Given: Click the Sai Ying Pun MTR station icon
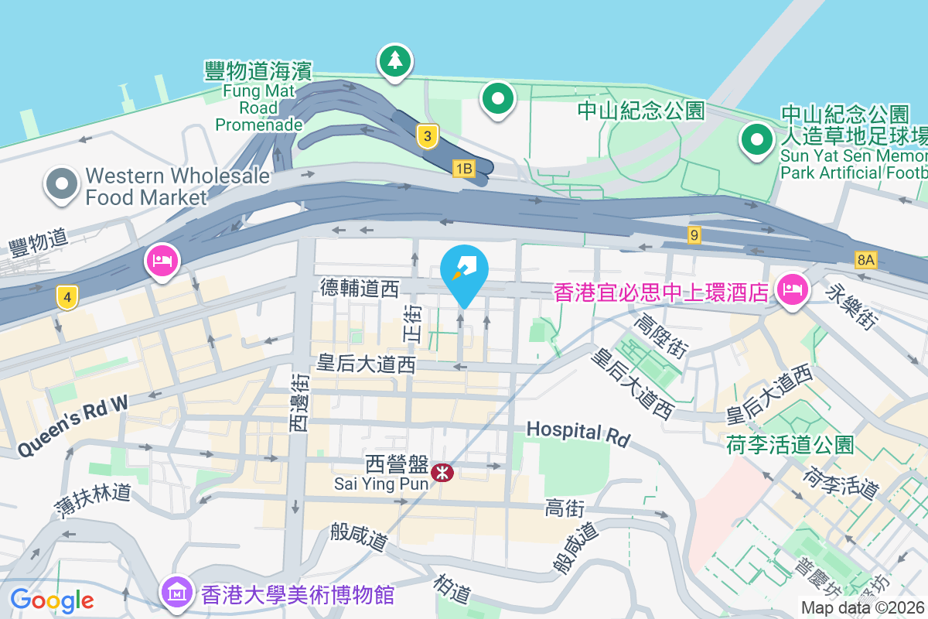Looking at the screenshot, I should pyautogui.click(x=443, y=471).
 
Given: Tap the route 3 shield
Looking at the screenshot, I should pyautogui.click(x=427, y=137).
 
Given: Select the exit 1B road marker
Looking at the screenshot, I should pyautogui.click(x=463, y=168).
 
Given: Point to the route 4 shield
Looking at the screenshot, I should pyautogui.click(x=68, y=297).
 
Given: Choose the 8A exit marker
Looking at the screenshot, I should pyautogui.click(x=865, y=261).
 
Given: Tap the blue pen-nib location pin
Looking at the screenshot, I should pyautogui.click(x=464, y=272).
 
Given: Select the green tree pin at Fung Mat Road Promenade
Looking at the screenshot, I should pyautogui.click(x=395, y=60).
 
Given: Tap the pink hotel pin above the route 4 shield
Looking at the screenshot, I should pyautogui.click(x=162, y=260).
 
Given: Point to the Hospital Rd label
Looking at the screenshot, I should pyautogui.click(x=578, y=433).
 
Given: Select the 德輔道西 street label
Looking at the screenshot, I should pyautogui.click(x=360, y=289).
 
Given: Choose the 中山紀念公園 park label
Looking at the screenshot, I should pyautogui.click(x=642, y=111).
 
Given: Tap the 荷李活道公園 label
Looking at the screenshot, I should pyautogui.click(x=790, y=445).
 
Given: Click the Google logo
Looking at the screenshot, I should pyautogui.click(x=52, y=600).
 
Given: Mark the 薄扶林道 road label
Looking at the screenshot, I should pyautogui.click(x=92, y=501).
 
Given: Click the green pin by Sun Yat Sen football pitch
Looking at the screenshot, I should pyautogui.click(x=757, y=140).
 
